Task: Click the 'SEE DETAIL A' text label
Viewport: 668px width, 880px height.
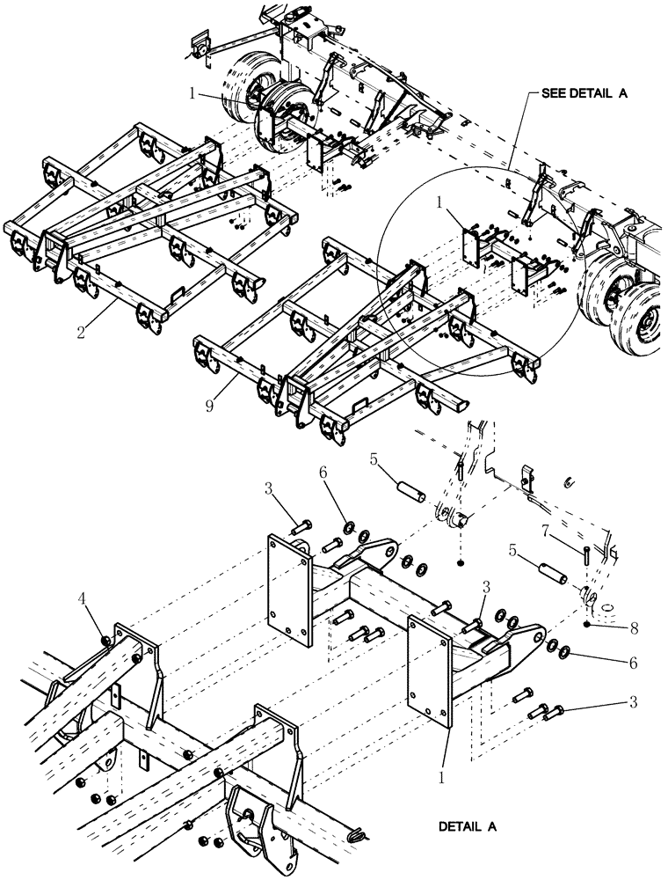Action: [577, 92]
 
